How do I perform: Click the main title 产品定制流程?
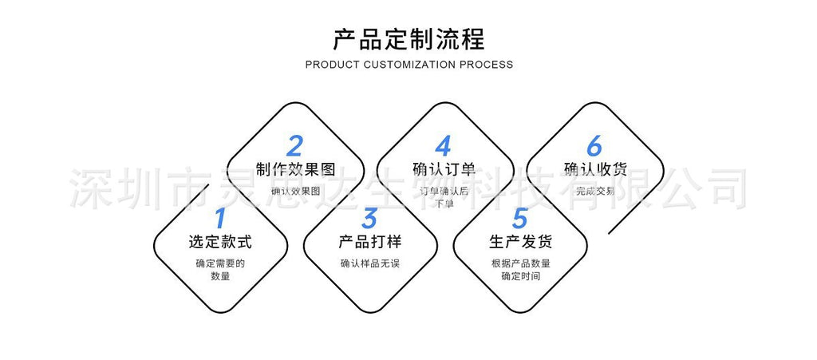[408, 39]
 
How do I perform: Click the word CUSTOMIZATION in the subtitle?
[409, 65]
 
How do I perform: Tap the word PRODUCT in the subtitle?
[332, 65]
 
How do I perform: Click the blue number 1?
[220, 218]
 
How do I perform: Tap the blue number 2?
[295, 147]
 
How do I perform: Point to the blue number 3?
[369, 218]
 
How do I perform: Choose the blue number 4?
[444, 147]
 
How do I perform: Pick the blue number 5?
[520, 218]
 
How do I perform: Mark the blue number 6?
[594, 147]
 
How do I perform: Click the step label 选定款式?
[220, 242]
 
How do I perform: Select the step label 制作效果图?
[295, 169]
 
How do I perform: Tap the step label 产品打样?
[369, 242]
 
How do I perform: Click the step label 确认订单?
[444, 169]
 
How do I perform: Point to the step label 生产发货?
[520, 242]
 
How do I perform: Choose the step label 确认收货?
[594, 169]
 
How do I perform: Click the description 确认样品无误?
[369, 263]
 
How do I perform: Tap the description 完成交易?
[594, 191]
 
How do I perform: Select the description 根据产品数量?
[520, 263]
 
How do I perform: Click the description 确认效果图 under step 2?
[295, 191]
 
